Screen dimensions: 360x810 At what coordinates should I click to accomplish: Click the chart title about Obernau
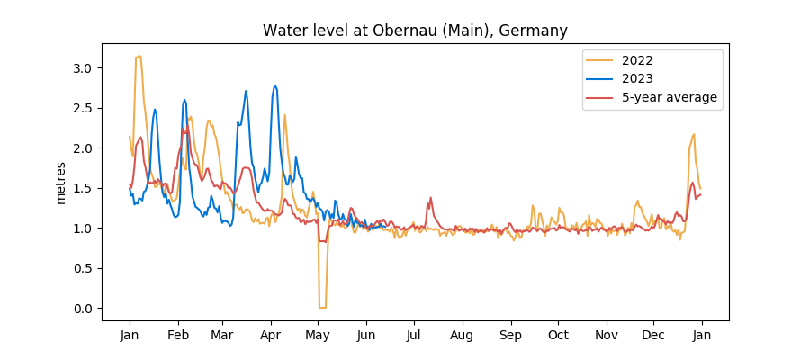pos(415,31)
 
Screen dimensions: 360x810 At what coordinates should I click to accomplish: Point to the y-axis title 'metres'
pos(61,183)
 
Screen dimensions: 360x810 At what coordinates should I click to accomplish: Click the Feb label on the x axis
pos(178,335)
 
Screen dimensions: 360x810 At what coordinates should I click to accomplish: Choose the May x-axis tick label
pos(318,335)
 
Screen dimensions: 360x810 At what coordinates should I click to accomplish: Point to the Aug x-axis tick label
pos(462,335)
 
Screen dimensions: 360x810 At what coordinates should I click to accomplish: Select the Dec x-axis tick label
pos(653,335)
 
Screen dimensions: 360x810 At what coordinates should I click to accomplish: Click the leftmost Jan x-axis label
pos(130,335)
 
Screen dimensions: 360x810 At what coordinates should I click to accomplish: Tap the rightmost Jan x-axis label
pos(702,335)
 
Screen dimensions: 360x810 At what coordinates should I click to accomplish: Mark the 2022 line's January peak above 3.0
pos(139,56)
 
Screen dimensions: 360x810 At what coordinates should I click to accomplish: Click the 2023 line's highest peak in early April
pos(275,86)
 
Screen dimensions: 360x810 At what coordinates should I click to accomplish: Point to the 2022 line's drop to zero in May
pos(322,308)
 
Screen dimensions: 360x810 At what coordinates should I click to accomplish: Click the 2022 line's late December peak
pos(694,134)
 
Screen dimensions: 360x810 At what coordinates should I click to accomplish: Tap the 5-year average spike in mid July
pos(431,198)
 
